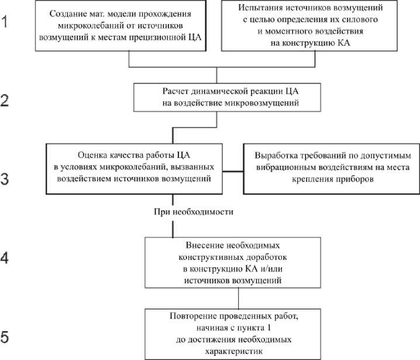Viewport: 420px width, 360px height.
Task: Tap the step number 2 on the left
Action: click(x=5, y=100)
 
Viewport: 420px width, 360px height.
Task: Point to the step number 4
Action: click(x=5, y=258)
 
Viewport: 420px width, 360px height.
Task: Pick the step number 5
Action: click(x=5, y=338)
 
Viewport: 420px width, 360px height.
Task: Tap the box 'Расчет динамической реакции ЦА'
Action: click(x=217, y=97)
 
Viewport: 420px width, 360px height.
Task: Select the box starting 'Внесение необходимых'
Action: click(x=232, y=262)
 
